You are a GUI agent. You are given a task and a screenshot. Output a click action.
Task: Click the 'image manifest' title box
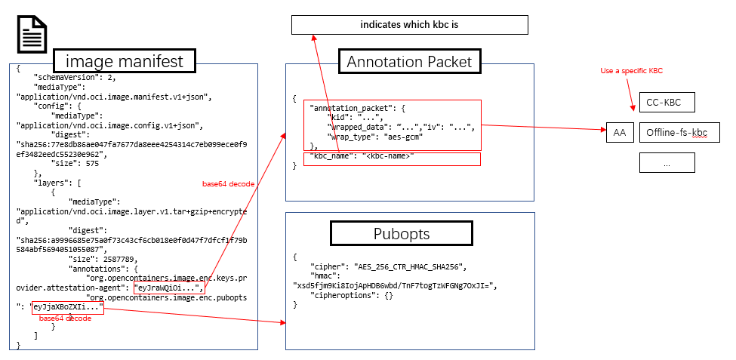tap(125, 61)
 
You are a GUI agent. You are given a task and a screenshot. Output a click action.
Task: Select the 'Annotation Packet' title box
tap(408, 62)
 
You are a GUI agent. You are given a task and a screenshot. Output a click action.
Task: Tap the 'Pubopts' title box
tap(402, 233)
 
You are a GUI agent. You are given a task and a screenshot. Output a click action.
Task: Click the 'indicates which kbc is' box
tap(409, 25)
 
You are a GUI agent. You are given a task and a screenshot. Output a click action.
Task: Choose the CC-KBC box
tap(667, 103)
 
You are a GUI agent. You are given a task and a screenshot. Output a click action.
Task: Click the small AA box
tap(620, 133)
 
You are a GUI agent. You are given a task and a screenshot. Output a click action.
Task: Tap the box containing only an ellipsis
tap(667, 162)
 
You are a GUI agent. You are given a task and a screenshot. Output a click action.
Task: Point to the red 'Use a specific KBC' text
tap(631, 70)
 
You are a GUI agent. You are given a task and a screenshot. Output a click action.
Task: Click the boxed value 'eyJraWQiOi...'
tap(168, 288)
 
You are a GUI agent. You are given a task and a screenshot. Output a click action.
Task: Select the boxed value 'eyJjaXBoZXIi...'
tap(66, 307)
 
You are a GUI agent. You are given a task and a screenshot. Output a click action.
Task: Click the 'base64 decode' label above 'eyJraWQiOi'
tap(225, 183)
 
